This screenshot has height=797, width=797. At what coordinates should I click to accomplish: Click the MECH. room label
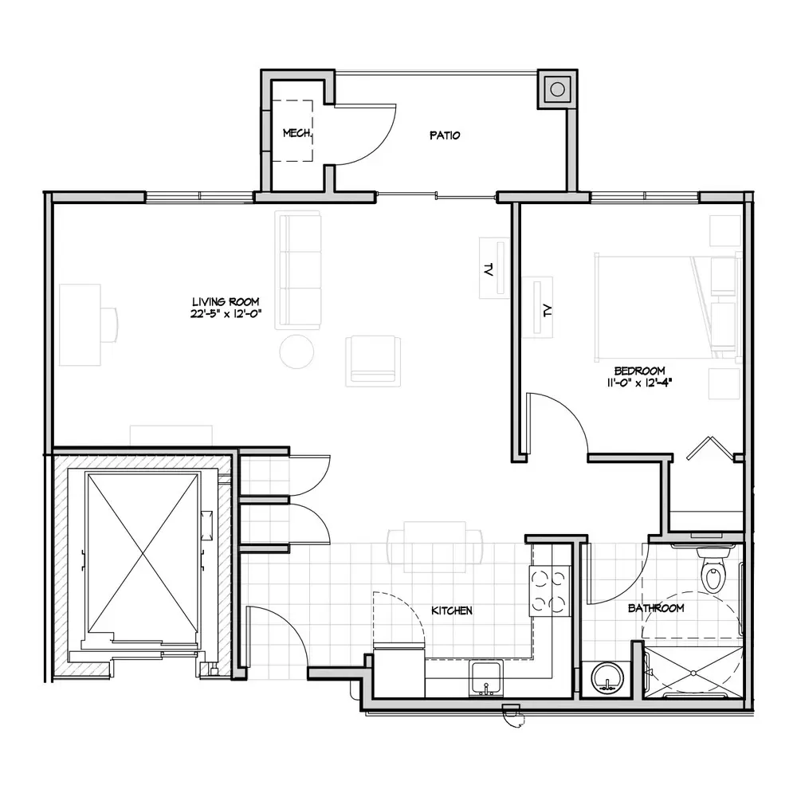click(x=297, y=133)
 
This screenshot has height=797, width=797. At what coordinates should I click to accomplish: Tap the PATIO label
click(x=445, y=135)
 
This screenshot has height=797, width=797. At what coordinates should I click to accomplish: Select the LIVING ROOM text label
click(x=226, y=302)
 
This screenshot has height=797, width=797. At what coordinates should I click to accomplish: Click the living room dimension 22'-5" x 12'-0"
click(x=226, y=313)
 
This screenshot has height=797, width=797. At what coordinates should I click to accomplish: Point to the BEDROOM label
click(x=639, y=371)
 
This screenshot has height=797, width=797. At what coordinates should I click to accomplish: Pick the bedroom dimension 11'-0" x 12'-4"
click(x=639, y=383)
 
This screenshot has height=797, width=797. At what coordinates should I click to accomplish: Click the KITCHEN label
click(x=452, y=611)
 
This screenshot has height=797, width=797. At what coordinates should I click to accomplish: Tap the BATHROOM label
click(x=656, y=608)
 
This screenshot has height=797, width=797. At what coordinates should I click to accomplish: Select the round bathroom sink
click(x=607, y=679)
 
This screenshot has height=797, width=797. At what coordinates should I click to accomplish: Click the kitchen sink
click(x=486, y=678)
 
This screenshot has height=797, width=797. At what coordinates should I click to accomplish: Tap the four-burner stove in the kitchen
click(x=549, y=591)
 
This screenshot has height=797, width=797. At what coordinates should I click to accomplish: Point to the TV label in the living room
click(x=489, y=269)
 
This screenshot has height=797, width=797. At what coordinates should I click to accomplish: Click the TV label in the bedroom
click(x=547, y=310)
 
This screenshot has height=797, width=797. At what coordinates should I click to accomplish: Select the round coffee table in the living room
click(x=296, y=351)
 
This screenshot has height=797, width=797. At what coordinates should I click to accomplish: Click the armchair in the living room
click(x=372, y=360)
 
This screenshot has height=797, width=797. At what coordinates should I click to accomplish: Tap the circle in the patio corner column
click(x=558, y=89)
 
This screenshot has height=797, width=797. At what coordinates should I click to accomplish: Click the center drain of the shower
click(x=693, y=673)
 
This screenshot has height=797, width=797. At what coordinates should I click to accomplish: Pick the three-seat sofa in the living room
click(x=298, y=270)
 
